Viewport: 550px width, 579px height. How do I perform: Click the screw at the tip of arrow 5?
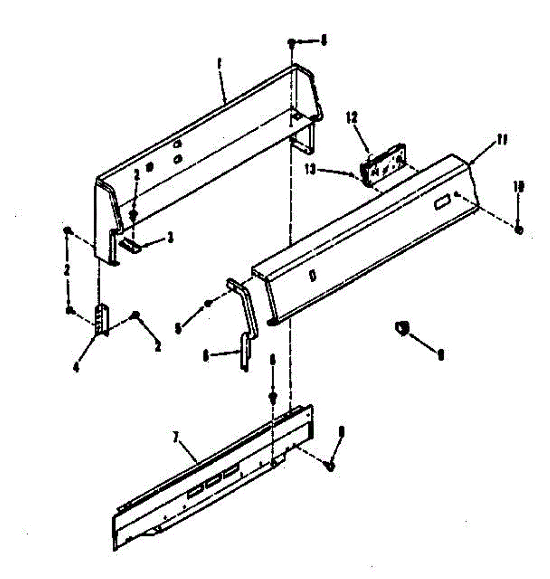(x=208, y=303)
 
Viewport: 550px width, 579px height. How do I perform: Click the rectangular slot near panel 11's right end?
(x=440, y=204)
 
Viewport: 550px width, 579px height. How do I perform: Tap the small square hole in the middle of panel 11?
(x=312, y=276)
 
